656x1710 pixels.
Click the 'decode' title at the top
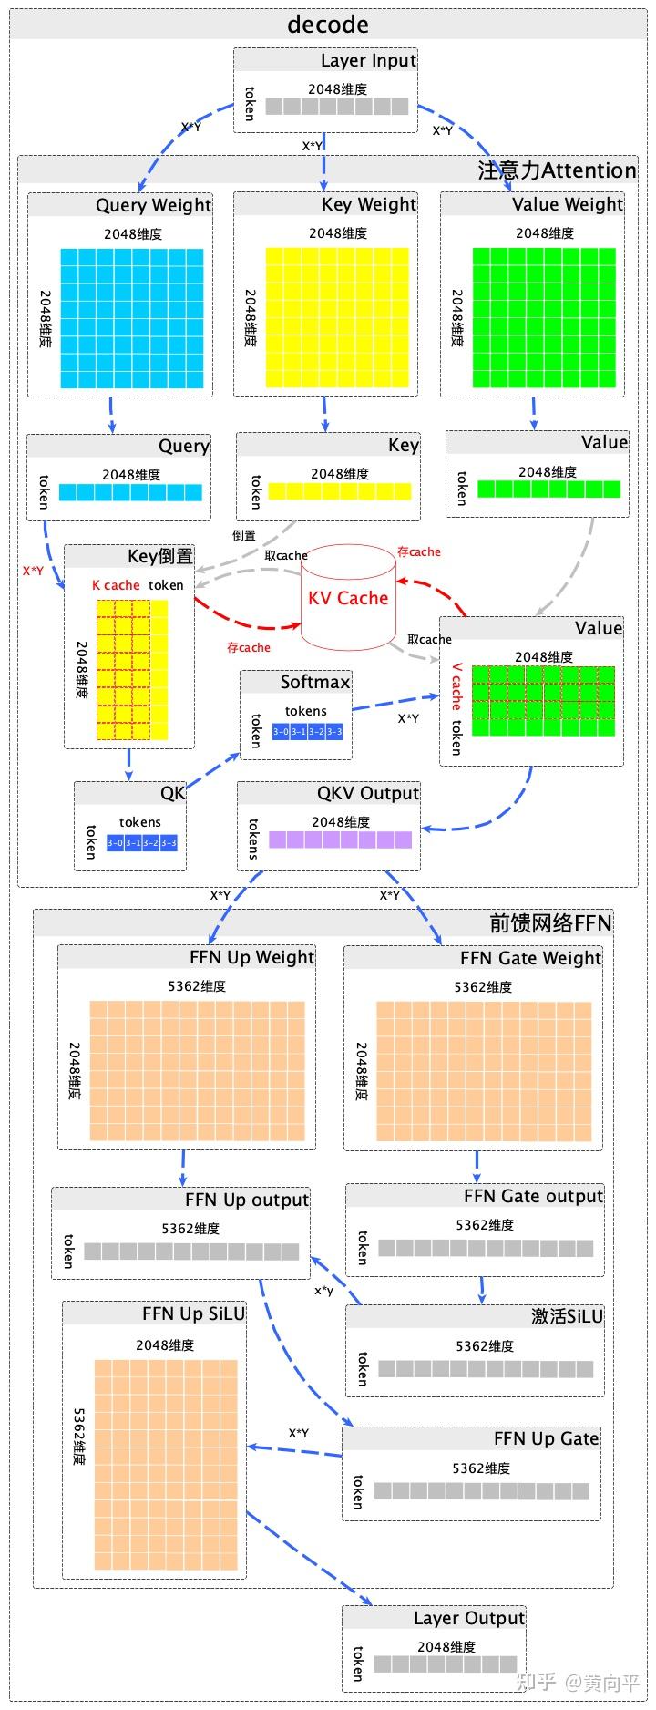point(327,25)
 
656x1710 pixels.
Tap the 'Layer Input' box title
point(367,61)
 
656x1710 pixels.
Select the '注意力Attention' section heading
point(557,170)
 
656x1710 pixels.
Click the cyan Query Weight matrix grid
point(132,318)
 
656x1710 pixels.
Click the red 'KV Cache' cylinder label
point(348,598)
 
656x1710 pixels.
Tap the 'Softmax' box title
point(314,682)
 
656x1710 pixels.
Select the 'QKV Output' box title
point(367,793)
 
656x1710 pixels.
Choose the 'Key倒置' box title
point(159,556)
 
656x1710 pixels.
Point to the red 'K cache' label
point(116,585)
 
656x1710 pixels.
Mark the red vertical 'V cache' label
point(456,685)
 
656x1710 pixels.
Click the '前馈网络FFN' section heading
point(550,922)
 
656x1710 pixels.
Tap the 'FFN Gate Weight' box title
point(530,958)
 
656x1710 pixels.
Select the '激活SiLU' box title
point(567,1316)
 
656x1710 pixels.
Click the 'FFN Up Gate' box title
point(546,1438)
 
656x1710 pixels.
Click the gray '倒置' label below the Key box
point(243,536)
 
